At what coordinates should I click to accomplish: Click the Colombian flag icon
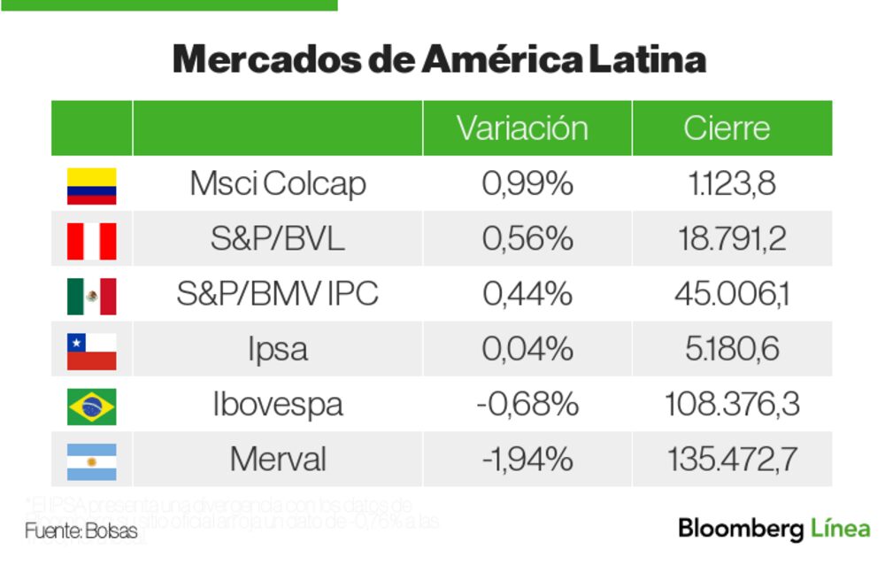tap(91, 185)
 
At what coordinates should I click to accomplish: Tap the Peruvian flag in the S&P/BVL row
tap(91, 240)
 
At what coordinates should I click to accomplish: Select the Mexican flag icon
tap(91, 296)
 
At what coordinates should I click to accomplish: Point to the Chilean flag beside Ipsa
tap(91, 351)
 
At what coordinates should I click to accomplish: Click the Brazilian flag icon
tap(91, 406)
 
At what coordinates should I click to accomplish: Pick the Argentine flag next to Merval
tap(91, 461)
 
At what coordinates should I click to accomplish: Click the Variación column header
tap(522, 128)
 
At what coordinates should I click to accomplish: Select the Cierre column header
tap(727, 128)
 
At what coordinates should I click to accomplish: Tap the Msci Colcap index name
tap(277, 184)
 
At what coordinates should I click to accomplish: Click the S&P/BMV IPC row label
tap(277, 294)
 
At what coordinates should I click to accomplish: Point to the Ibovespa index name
tap(277, 405)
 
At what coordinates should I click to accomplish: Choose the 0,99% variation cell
tap(527, 184)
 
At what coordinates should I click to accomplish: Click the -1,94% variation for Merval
tap(527, 460)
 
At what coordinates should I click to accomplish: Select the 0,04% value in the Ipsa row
tap(527, 349)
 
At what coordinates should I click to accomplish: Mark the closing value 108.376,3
tap(732, 405)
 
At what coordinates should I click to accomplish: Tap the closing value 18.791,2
tap(732, 239)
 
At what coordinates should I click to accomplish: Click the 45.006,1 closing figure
tap(732, 294)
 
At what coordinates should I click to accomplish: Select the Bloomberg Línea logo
tap(773, 529)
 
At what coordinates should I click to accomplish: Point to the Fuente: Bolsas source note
tap(81, 532)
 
